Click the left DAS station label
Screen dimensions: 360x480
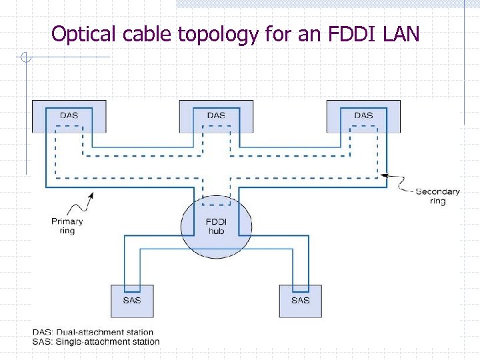(x=69, y=115)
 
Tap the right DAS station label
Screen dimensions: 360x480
(x=363, y=115)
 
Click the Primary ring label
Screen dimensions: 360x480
(x=67, y=226)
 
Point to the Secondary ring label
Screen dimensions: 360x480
(x=437, y=196)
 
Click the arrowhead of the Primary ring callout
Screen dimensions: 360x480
(x=91, y=193)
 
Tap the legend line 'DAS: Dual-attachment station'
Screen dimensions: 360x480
(x=93, y=332)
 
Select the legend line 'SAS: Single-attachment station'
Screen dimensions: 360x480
(x=96, y=341)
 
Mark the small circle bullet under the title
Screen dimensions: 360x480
(x=26, y=57)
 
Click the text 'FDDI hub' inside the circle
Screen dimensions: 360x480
(x=216, y=226)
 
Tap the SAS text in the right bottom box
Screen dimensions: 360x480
(x=300, y=300)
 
